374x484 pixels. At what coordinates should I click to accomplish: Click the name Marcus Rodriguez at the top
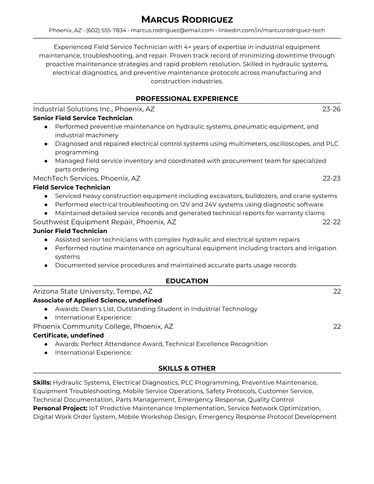pos(187,20)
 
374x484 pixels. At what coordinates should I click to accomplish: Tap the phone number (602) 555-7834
pos(106,30)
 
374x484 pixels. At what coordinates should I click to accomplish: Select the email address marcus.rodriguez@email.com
pos(172,30)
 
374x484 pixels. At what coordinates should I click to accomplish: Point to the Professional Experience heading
pos(187,99)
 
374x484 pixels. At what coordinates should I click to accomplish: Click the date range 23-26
pos(331,109)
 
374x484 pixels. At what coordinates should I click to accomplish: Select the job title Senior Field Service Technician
pos(83,118)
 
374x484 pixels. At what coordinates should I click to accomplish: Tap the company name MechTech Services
pos(65,178)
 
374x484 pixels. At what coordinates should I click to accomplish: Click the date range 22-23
pos(331,178)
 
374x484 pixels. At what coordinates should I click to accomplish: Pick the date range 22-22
pos(331,222)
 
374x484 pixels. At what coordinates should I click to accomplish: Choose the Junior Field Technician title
pos(70,231)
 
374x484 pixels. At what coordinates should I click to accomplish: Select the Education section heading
pos(187,281)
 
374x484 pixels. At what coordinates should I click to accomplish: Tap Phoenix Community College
pos(82,326)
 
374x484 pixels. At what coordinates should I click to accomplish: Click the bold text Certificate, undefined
pos(68,335)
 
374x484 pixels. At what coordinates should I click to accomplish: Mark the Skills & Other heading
pos(187,369)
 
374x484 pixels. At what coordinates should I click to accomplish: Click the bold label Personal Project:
pos(60,408)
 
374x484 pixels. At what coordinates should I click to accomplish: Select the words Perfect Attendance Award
pos(122,344)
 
